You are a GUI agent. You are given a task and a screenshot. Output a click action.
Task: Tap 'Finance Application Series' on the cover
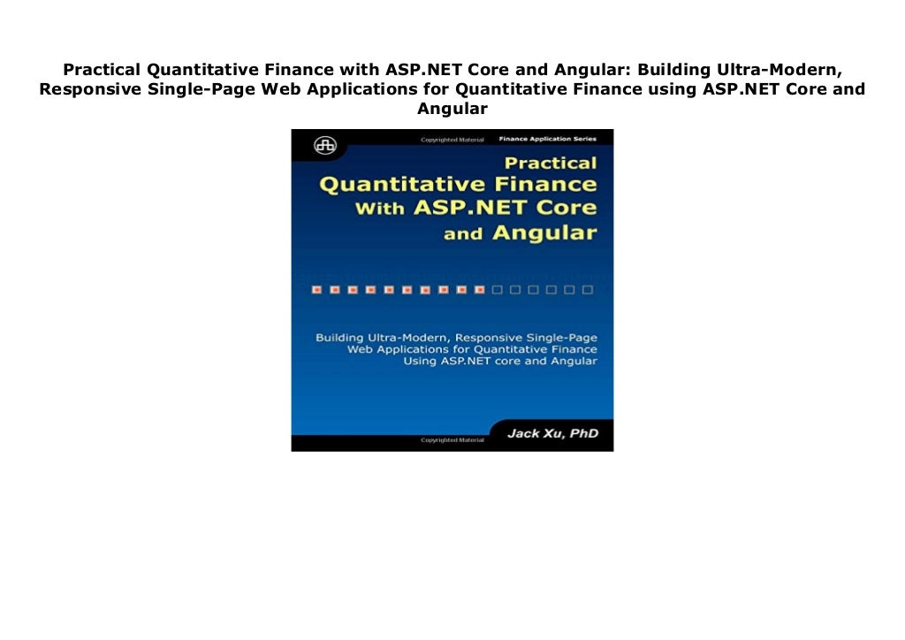tap(547, 139)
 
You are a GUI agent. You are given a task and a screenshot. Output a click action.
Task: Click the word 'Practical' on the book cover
tap(551, 164)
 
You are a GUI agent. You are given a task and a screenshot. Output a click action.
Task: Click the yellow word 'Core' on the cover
tap(569, 210)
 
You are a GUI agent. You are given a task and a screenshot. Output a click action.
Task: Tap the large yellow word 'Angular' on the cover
tap(544, 233)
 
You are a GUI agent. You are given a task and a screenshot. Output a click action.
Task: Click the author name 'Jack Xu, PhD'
tap(551, 434)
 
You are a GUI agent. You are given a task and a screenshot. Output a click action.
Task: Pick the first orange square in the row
tap(315, 289)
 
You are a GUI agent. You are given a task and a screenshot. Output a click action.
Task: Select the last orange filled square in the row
tap(479, 289)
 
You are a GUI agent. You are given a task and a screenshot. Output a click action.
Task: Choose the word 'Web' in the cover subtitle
tap(362, 349)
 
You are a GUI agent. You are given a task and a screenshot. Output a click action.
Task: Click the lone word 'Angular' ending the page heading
tap(452, 109)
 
